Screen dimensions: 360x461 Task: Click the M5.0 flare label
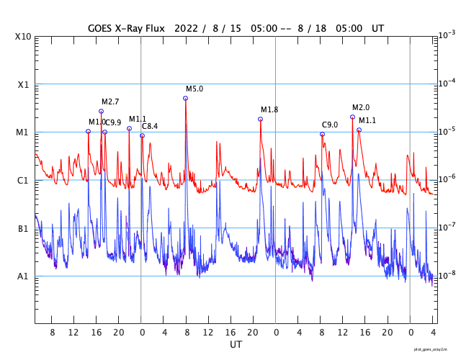click(194, 89)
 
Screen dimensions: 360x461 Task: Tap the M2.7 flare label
click(110, 102)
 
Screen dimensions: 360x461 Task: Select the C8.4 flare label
click(150, 126)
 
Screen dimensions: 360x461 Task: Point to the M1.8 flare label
click(269, 109)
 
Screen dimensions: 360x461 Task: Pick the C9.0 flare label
click(330, 125)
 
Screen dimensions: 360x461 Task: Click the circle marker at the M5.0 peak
click(185, 98)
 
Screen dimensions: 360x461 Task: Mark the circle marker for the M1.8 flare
click(260, 119)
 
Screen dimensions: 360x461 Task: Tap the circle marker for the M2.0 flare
click(352, 117)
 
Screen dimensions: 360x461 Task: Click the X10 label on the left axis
click(24, 36)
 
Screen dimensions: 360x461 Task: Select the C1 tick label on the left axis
click(24, 180)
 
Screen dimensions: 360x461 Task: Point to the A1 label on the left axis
click(24, 276)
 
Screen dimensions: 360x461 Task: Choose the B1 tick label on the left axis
click(24, 228)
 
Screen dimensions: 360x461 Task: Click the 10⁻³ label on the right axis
click(447, 35)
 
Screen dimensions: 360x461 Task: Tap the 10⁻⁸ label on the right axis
click(447, 275)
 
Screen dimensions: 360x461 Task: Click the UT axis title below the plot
click(236, 344)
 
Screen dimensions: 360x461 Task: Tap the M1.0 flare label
click(97, 122)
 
